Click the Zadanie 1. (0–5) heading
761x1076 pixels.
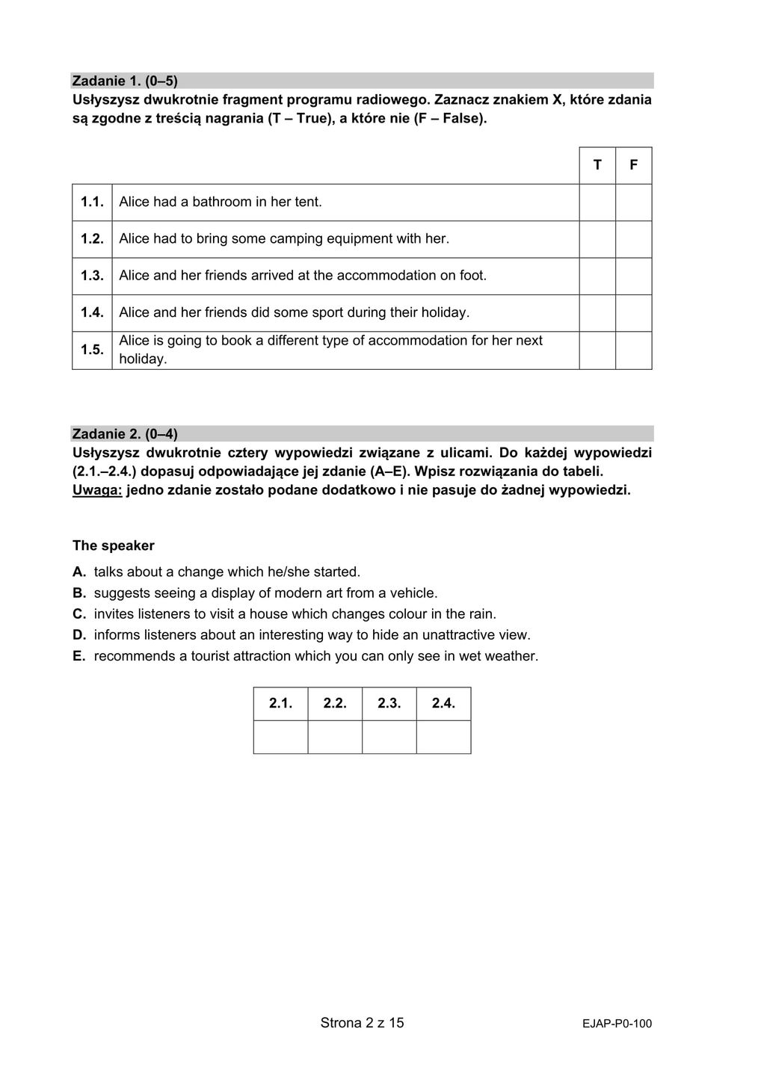coord(125,81)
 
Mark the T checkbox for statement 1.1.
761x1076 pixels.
coord(597,202)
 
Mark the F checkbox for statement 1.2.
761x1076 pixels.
coord(634,239)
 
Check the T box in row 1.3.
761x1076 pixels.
coord(597,276)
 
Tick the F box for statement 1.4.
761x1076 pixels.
coord(634,312)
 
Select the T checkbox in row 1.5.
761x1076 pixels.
coord(597,350)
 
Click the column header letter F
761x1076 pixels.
coord(634,165)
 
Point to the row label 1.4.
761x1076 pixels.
coord(92,312)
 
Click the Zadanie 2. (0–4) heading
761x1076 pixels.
coord(125,434)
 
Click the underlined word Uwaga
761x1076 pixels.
coord(97,491)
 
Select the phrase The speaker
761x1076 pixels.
coord(114,546)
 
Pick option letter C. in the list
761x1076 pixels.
coord(79,614)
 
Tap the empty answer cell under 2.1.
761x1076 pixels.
coord(280,737)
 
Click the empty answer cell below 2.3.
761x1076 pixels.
coord(389,737)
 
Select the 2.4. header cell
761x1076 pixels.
coord(443,704)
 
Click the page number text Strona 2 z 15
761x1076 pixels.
coord(362,1023)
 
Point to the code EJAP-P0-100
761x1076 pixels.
coord(617,1024)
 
